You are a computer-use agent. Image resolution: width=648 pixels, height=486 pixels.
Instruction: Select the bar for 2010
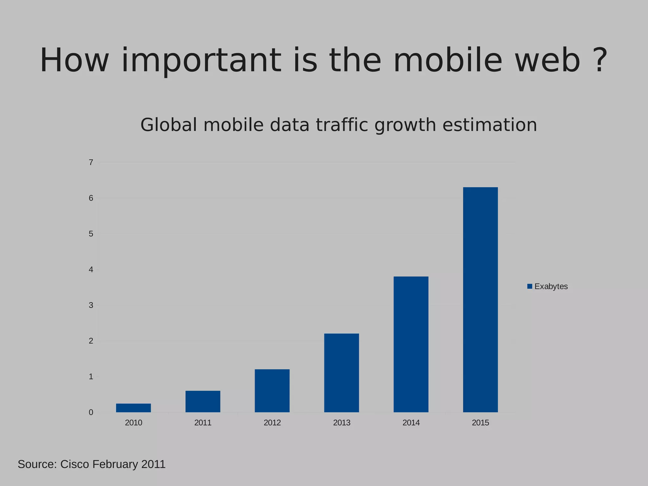click(x=133, y=408)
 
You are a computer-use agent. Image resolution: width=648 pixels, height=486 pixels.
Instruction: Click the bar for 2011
click(x=203, y=401)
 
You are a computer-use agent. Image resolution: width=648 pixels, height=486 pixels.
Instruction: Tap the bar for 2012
click(x=272, y=391)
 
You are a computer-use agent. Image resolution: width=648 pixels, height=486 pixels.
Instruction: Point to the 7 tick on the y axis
click(x=91, y=163)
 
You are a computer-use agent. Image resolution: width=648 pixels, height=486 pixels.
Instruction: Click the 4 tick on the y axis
click(x=91, y=270)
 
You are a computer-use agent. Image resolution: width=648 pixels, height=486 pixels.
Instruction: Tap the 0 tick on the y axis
click(x=91, y=412)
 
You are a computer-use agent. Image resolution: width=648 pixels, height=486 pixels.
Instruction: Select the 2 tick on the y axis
click(x=91, y=341)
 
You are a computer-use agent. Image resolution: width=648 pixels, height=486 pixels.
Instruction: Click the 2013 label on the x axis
click(x=342, y=423)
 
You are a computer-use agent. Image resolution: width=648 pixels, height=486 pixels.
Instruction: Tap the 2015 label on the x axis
click(x=480, y=423)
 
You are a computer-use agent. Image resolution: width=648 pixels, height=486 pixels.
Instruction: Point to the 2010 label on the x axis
click(x=134, y=423)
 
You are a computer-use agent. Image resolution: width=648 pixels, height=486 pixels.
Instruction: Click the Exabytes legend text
click(x=551, y=286)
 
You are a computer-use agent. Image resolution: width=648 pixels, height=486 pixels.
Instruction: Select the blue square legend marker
click(x=530, y=286)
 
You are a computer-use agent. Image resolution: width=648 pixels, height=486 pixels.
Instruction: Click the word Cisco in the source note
click(x=75, y=464)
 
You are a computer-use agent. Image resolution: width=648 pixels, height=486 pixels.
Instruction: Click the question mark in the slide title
click(x=600, y=60)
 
